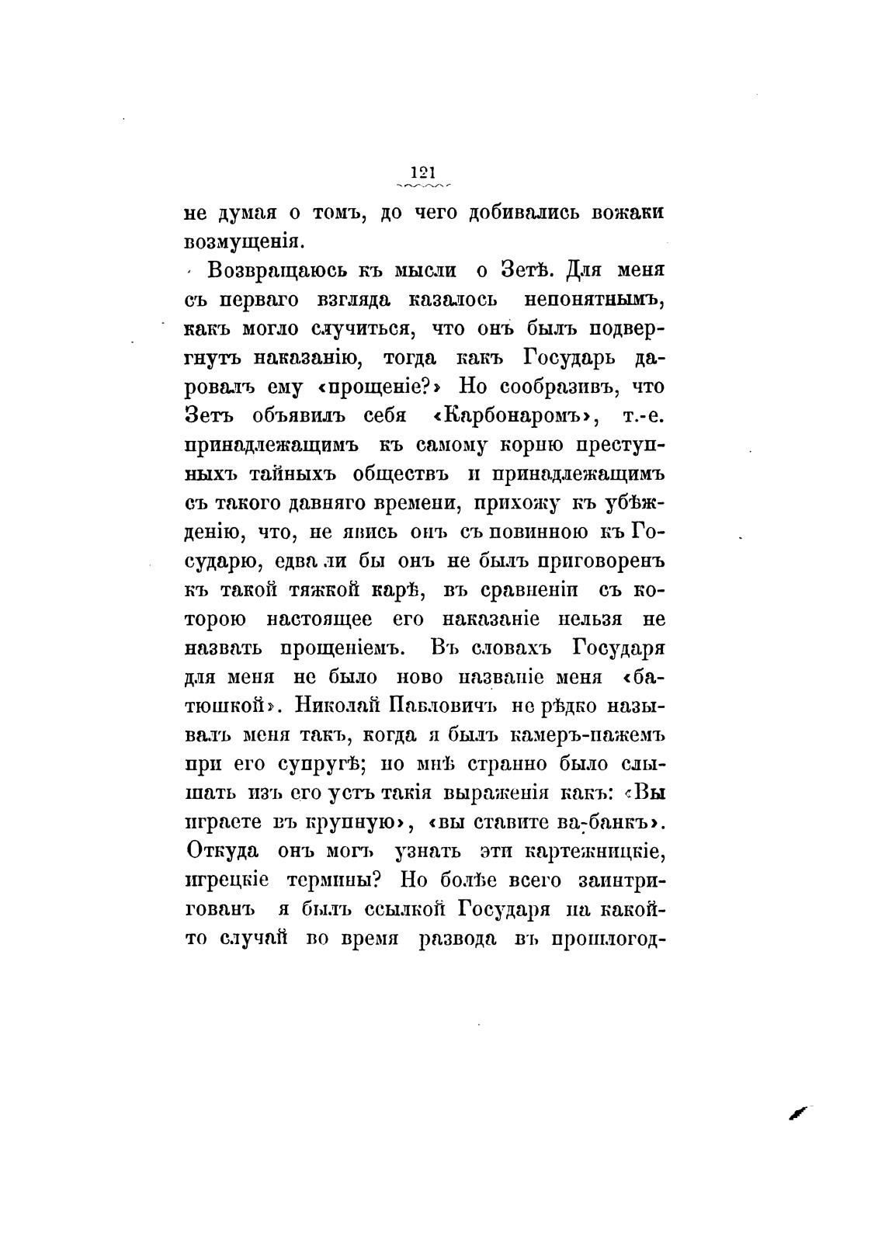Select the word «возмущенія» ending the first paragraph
point(241,241)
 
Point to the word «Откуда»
point(222,852)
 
